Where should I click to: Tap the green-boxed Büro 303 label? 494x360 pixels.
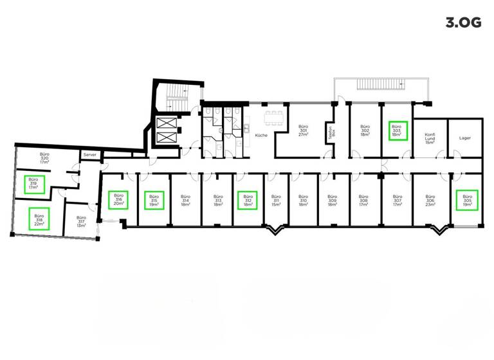397,131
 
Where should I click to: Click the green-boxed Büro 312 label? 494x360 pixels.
246,201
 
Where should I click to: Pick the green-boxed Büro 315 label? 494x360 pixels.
153,201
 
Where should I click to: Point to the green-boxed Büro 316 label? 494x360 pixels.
118,200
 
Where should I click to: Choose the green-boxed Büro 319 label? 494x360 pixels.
34,184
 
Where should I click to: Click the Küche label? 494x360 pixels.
261,136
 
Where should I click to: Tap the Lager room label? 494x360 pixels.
465,138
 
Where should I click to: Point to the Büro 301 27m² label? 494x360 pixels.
302,132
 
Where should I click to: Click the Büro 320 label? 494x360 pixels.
44,159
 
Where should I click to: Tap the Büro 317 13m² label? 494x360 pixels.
81,222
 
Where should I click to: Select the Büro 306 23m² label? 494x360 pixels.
430,201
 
